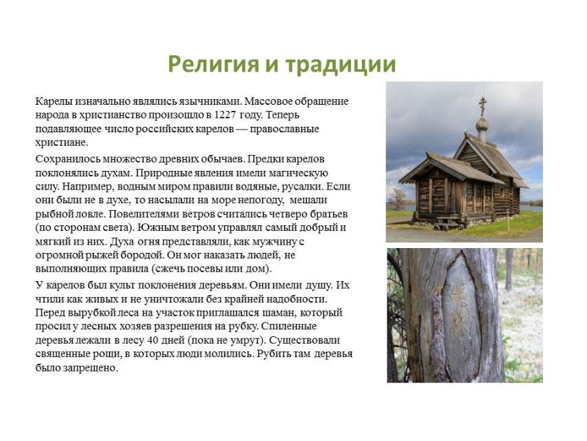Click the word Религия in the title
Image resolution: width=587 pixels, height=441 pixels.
[x=213, y=64]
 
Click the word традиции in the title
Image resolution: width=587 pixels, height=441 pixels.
[x=341, y=65]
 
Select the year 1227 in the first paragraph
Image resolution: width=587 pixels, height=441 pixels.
[x=225, y=115]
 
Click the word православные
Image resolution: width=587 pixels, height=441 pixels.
[x=284, y=130]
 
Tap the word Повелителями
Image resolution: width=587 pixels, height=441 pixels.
[x=142, y=214]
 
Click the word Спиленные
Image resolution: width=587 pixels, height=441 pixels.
[x=288, y=326]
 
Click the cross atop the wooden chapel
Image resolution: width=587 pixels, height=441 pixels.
[x=482, y=105]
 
